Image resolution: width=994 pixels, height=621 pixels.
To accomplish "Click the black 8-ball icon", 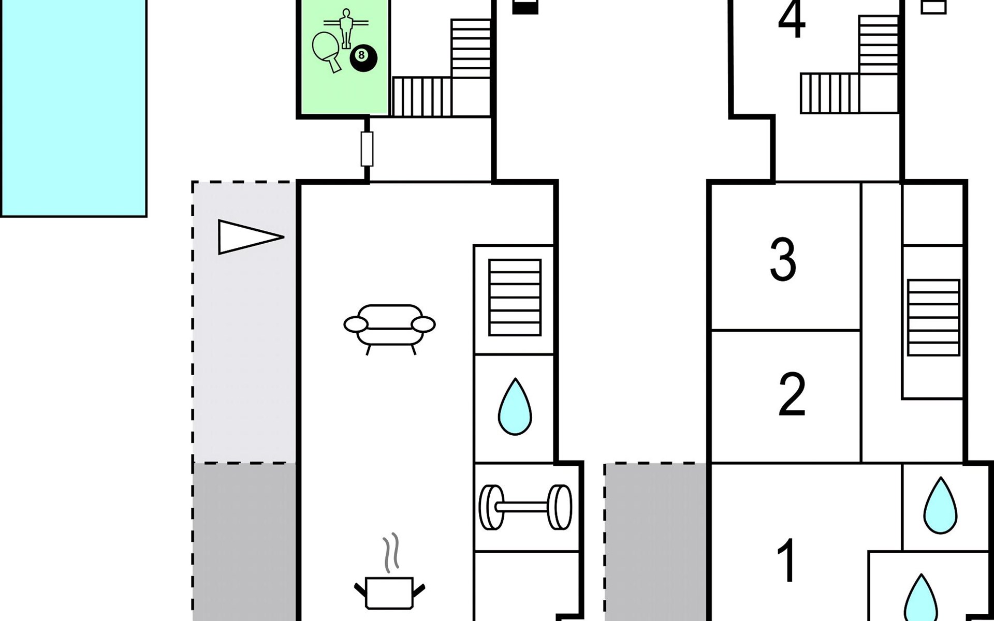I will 363,57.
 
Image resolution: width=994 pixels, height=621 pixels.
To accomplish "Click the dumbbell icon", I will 525,507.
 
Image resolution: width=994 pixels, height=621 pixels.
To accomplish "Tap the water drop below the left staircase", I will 515,407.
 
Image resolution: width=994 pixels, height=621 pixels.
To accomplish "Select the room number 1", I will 787,561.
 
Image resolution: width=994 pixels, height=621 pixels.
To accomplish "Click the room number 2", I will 792,394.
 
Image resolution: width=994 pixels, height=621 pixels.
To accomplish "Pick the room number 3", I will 783,260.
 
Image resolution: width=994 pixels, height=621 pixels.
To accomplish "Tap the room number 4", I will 792,20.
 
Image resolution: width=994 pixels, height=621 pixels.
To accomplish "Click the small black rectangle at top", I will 525,7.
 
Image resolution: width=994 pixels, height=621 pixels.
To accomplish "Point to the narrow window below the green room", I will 367,149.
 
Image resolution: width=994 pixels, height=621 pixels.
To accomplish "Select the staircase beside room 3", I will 933,317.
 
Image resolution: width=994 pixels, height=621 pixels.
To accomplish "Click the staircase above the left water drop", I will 515,297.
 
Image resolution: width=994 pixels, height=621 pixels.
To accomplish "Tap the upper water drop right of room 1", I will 940,506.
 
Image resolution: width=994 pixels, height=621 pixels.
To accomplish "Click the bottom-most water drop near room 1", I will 920,600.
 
